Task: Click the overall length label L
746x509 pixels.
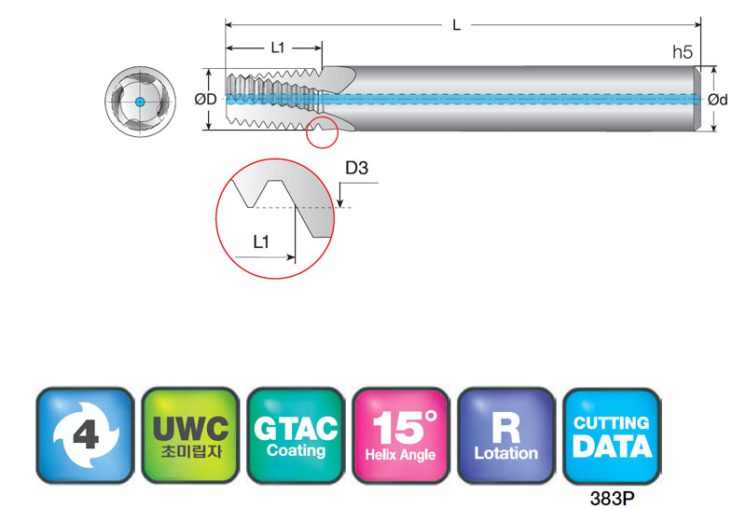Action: click(x=456, y=25)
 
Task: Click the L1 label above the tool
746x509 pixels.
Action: click(x=277, y=48)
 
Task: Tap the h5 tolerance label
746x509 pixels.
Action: click(x=683, y=52)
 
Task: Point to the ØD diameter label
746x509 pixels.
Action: click(x=205, y=99)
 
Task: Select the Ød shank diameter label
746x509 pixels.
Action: click(x=717, y=100)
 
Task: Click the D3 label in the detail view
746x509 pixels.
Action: click(x=356, y=168)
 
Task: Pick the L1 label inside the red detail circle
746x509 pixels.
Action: click(x=261, y=242)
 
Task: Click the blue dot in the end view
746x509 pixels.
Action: click(x=140, y=102)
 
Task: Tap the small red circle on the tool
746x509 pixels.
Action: click(x=322, y=131)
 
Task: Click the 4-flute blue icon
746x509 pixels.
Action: click(x=85, y=435)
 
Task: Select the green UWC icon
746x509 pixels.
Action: click(x=190, y=435)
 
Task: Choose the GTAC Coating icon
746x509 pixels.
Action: click(x=296, y=435)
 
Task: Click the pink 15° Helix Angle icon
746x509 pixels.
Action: click(x=401, y=435)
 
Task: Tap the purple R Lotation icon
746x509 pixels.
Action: click(x=505, y=435)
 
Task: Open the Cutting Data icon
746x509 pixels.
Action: click(x=612, y=435)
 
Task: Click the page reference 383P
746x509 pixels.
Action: click(x=612, y=498)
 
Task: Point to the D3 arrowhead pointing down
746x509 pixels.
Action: click(x=339, y=202)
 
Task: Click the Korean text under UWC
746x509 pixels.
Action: click(x=191, y=451)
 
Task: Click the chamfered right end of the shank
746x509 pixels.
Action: click(x=698, y=99)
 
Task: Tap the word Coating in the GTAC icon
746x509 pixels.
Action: click(x=296, y=450)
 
